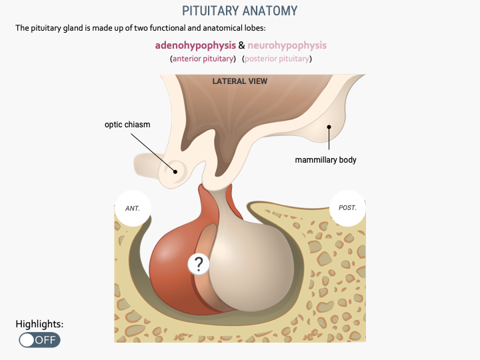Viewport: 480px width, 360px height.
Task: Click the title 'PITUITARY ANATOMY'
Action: pos(240,11)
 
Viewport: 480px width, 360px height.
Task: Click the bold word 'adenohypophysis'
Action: pos(195,45)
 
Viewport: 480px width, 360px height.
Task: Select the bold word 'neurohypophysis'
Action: pos(287,45)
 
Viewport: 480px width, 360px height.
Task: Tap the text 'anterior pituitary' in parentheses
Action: pos(204,59)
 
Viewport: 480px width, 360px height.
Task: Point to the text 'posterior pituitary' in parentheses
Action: pos(277,59)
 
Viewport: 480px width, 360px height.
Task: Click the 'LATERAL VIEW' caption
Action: pos(240,81)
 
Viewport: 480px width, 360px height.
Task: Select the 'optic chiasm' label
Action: pos(127,125)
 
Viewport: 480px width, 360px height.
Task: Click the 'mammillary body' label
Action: pos(326,160)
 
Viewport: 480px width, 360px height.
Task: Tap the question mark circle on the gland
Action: pos(198,264)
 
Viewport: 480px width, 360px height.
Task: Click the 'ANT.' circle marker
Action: pos(133,208)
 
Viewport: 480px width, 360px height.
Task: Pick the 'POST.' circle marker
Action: pos(347,208)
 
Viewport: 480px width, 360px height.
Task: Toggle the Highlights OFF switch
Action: pos(39,340)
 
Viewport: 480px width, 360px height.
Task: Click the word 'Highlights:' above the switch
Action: pos(39,324)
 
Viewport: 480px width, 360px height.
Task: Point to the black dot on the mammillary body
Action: pos(329,126)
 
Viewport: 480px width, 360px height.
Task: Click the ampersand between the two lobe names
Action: pos(241,45)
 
